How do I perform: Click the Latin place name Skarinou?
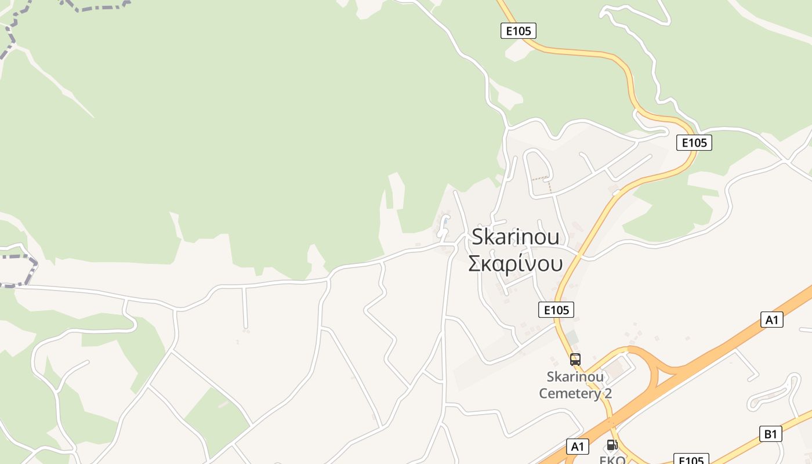coord(516,237)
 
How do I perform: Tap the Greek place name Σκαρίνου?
coord(516,263)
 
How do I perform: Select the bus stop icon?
coord(575,359)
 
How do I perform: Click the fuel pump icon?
coord(611,445)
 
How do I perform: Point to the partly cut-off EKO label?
coord(612,459)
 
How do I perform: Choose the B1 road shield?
coord(770,434)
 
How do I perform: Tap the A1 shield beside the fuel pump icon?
coord(578,446)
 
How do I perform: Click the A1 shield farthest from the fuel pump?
coord(771,320)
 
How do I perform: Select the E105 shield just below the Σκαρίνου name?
coord(556,310)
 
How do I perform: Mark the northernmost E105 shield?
coord(518,31)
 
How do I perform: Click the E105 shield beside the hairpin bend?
coord(694,143)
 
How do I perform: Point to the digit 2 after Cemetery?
coord(607,393)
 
